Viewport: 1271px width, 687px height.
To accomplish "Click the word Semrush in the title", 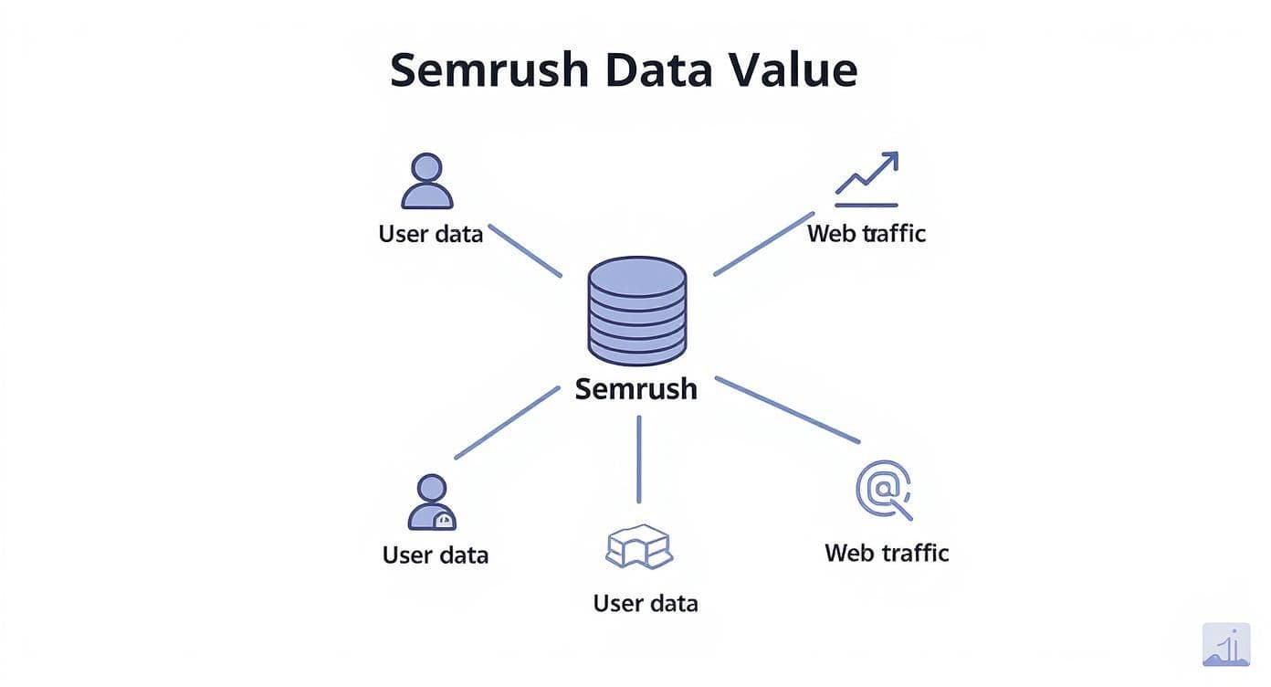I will pos(488,70).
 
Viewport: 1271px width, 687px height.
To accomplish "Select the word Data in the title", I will pos(657,70).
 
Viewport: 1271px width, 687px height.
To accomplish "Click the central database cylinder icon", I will pos(636,311).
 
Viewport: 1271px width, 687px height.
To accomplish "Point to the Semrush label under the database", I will pos(636,389).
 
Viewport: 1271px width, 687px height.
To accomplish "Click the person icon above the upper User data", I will pos(426,181).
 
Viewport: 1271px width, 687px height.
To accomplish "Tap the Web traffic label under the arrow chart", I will pos(866,234).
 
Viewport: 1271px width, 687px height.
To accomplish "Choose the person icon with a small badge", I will pos(431,502).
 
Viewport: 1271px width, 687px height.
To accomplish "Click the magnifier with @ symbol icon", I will pos(883,490).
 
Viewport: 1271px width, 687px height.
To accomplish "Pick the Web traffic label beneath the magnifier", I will pos(887,553).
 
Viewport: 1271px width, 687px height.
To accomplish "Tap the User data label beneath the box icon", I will pos(646,604).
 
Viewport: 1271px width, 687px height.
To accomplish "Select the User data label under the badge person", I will pos(436,555).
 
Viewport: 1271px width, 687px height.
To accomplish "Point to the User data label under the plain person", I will pos(430,234).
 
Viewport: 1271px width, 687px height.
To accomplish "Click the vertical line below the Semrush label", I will pos(638,459).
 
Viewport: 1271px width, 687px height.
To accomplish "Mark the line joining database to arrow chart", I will pos(762,244).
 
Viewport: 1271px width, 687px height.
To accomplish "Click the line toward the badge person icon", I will pos(507,422).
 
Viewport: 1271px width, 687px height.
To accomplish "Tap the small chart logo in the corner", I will pos(1225,645).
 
